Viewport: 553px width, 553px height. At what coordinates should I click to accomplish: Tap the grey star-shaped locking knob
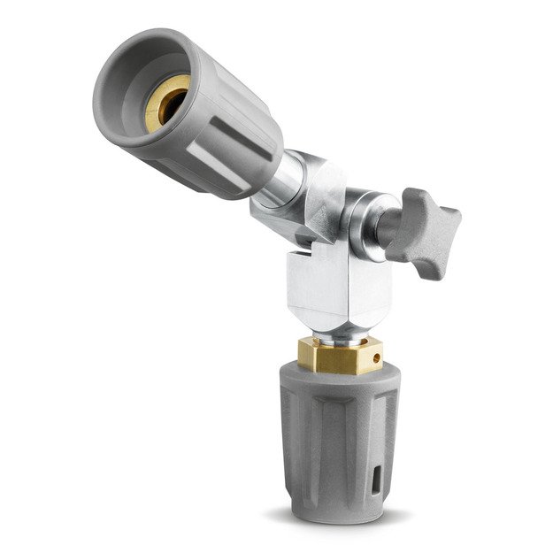click(x=425, y=223)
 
